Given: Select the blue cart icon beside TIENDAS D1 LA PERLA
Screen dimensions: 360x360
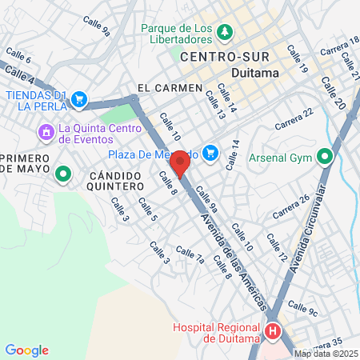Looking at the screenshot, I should (x=78, y=99).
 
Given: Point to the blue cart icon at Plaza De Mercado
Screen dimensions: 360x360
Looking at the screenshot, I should (x=211, y=151).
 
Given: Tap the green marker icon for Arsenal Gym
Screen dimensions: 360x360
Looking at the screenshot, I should (x=324, y=156).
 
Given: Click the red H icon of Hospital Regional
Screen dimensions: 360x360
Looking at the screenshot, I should (x=274, y=330).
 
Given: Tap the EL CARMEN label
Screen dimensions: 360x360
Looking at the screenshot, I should (x=162, y=88).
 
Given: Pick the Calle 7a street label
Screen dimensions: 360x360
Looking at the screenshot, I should (x=190, y=255).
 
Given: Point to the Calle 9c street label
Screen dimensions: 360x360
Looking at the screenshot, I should (x=303, y=308).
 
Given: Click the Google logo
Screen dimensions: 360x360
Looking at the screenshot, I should (x=26, y=350).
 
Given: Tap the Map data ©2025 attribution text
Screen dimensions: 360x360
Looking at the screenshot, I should (x=326, y=354).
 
